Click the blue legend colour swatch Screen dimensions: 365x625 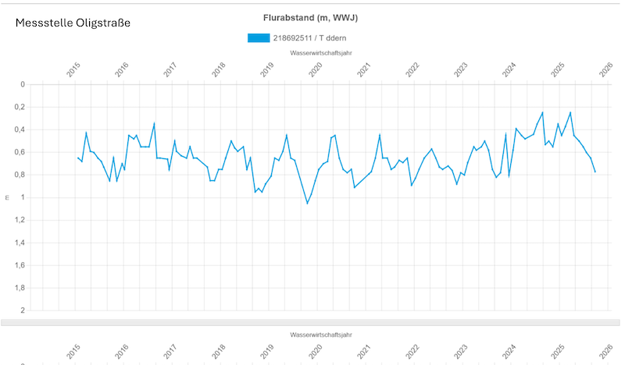point(258,38)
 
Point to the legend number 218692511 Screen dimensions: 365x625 point(295,38)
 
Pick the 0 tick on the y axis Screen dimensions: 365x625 point(23,84)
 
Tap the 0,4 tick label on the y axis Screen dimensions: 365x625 point(20,129)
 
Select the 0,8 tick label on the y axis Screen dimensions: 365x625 point(20,175)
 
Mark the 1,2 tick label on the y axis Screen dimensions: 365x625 point(20,220)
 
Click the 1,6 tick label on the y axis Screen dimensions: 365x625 point(20,265)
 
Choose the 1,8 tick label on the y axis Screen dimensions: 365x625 point(20,288)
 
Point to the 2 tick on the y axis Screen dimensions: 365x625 point(23,310)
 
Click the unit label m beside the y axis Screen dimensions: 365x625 point(7,197)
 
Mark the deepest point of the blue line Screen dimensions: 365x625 point(307,204)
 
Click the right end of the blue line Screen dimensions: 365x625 point(595,172)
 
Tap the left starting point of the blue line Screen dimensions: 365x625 point(77,157)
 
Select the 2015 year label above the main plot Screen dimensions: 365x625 point(74,69)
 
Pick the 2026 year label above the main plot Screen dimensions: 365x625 point(605,69)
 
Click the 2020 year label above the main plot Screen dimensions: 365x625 point(316,69)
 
